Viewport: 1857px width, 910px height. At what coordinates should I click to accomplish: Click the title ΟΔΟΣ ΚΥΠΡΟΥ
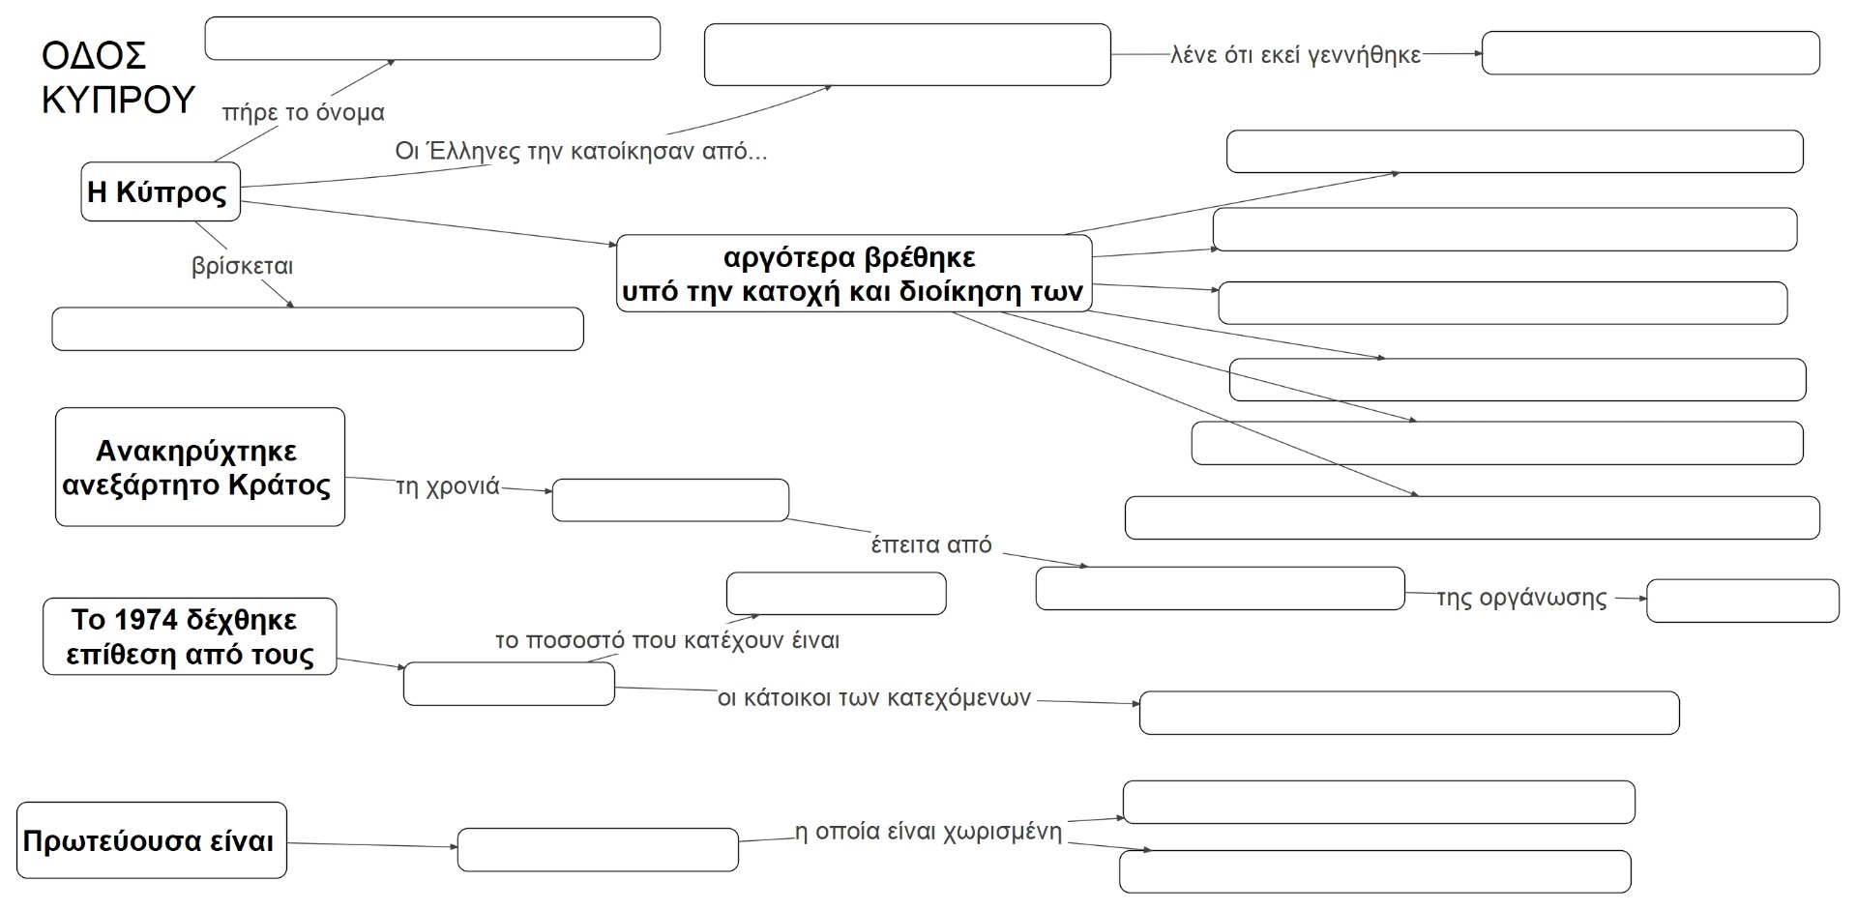118,77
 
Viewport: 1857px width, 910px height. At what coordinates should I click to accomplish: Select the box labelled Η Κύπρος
160,191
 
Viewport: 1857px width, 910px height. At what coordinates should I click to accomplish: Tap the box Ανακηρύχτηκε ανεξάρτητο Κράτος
199,467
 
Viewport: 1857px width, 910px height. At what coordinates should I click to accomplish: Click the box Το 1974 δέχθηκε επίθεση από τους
190,636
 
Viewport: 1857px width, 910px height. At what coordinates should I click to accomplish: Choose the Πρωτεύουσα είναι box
151,840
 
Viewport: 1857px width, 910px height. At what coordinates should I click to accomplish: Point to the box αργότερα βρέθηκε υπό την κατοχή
853,274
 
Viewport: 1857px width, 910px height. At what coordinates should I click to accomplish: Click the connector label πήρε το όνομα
303,113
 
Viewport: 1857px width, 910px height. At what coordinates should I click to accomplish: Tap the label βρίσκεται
242,266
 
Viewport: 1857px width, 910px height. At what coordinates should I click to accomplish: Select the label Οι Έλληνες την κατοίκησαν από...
580,152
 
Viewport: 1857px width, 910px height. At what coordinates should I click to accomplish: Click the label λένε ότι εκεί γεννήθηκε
1295,55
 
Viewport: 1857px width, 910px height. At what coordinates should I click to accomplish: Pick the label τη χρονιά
448,486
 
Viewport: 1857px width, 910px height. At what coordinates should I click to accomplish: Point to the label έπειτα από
931,545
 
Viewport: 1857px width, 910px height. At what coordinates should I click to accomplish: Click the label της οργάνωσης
1521,598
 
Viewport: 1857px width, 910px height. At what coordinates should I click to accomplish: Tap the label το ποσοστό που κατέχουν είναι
667,640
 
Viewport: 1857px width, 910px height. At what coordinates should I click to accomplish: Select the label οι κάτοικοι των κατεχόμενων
874,698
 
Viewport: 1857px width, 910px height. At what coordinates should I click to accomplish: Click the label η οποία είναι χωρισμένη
928,833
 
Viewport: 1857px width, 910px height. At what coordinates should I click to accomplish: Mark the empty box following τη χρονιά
670,500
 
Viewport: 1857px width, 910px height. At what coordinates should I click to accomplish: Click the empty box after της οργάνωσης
1742,601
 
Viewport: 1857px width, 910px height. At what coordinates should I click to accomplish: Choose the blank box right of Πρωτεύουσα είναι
597,849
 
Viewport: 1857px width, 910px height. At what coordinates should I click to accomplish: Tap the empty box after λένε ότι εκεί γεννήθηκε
1650,53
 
